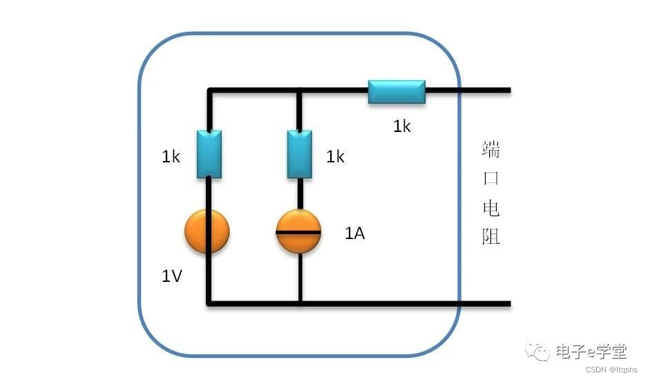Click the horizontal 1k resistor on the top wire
(397, 91)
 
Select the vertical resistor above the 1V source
(209, 153)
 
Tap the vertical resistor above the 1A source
(300, 153)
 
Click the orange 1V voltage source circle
(207, 232)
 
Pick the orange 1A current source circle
(298, 232)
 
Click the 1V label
(172, 276)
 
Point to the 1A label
(355, 234)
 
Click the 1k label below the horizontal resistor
(402, 126)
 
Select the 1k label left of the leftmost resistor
(171, 158)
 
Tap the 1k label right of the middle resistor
(335, 158)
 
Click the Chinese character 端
(490, 149)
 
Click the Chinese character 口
(490, 178)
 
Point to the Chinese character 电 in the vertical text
(490, 208)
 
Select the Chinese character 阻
(490, 237)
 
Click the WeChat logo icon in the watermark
(538, 352)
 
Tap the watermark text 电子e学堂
(591, 352)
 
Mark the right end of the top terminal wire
(508, 91)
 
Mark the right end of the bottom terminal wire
(508, 303)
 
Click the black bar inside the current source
(298, 232)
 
